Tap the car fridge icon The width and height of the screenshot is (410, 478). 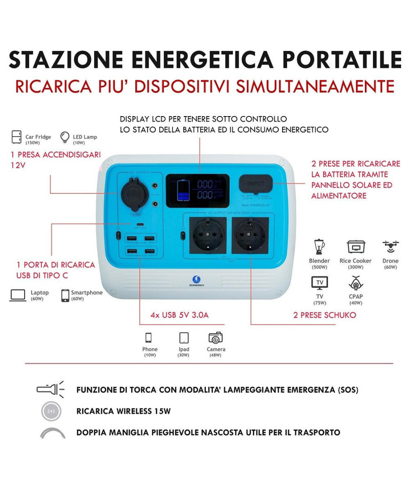pyautogui.click(x=17, y=137)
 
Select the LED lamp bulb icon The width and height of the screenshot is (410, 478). pyautogui.click(x=65, y=137)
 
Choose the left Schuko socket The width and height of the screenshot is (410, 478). pyautogui.click(x=207, y=234)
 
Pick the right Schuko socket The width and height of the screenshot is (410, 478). pyautogui.click(x=250, y=234)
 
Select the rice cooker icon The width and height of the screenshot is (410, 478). pyautogui.click(x=355, y=247)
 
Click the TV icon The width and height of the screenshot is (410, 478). pyautogui.click(x=319, y=283)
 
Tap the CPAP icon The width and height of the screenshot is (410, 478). pyautogui.click(x=355, y=283)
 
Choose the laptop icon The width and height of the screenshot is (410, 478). pyautogui.click(x=18, y=295)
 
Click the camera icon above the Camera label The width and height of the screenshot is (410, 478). pyautogui.click(x=215, y=338)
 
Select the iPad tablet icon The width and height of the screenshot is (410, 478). pyautogui.click(x=184, y=338)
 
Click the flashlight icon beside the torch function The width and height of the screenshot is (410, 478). pyautogui.click(x=50, y=390)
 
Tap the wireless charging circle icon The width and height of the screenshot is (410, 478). pyautogui.click(x=51, y=412)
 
